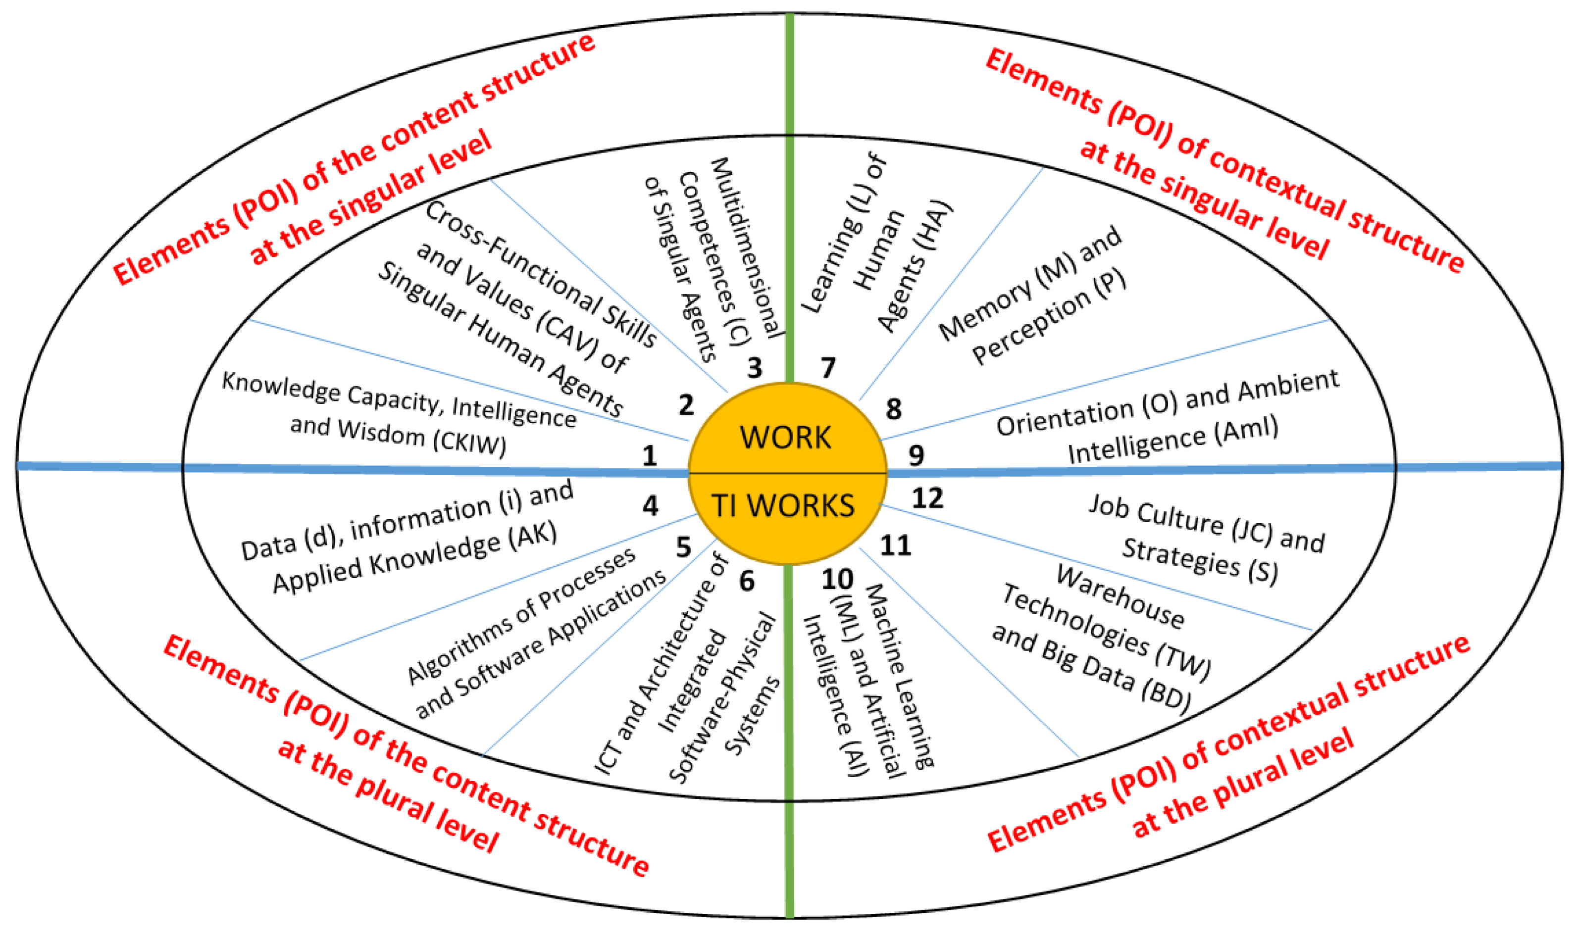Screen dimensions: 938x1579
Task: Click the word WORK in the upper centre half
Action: (785, 438)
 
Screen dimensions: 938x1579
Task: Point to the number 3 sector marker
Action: (754, 368)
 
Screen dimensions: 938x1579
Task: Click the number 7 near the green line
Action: (828, 368)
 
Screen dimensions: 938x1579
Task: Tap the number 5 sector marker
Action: (683, 547)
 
